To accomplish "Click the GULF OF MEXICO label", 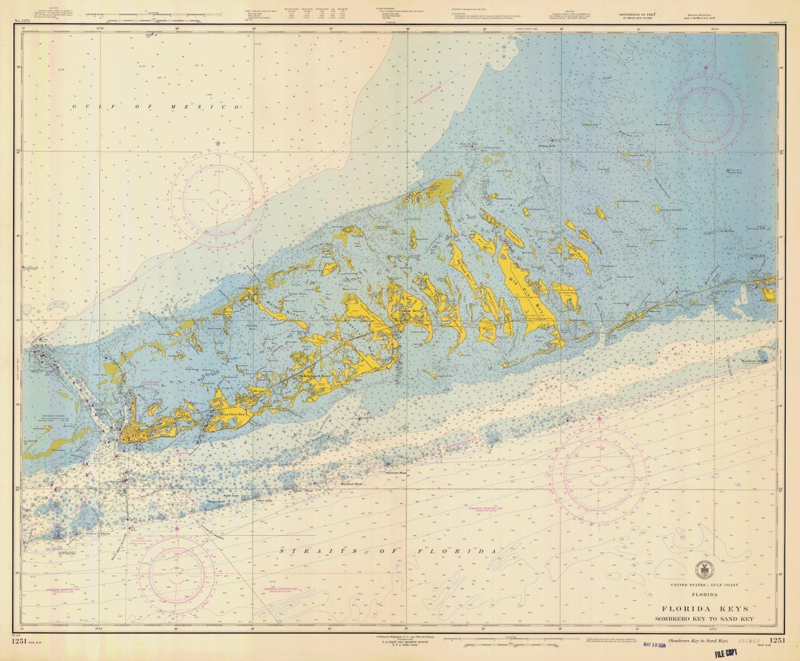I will click(x=156, y=107).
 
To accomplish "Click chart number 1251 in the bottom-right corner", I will click(x=777, y=640).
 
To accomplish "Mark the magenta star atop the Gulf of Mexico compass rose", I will click(x=218, y=143).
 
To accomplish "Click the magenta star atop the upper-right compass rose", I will click(x=705, y=67).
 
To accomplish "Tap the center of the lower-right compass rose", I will click(x=599, y=472).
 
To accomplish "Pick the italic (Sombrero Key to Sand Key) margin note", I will click(x=698, y=640).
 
